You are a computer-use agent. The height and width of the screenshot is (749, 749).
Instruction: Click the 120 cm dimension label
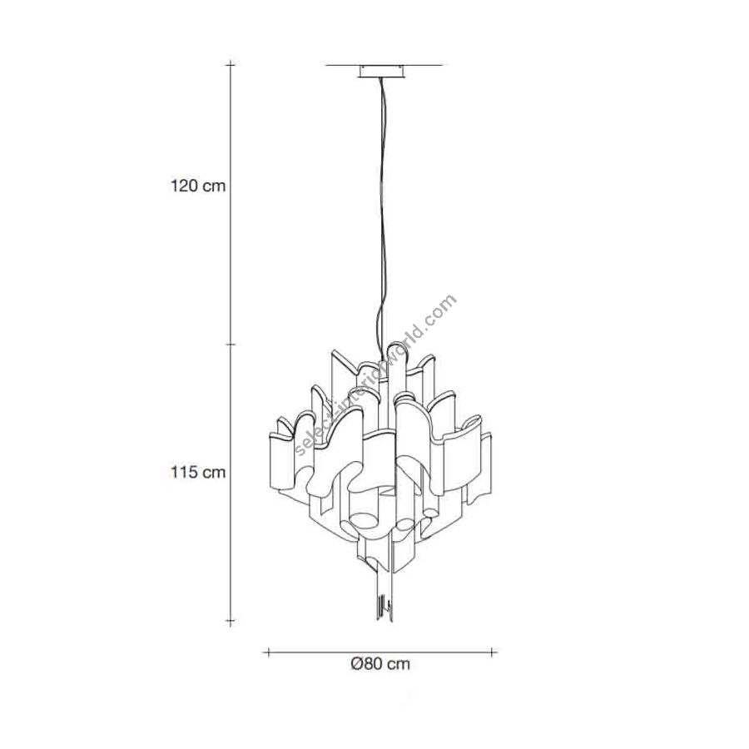click(x=198, y=186)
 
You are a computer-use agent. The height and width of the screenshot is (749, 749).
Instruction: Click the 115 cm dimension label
click(x=198, y=472)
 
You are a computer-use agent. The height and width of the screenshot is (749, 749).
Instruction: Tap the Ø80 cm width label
click(x=380, y=663)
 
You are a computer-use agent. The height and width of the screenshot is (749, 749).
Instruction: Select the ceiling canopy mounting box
click(x=383, y=72)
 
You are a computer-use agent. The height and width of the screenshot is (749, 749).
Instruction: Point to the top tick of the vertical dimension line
click(x=231, y=64)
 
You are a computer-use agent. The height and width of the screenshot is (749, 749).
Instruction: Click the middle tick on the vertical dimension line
click(x=231, y=344)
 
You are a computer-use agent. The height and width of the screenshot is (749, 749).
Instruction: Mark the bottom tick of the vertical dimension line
click(x=231, y=622)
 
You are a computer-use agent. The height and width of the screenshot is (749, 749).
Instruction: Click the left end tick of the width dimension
click(x=269, y=652)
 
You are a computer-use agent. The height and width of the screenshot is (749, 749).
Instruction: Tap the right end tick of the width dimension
click(x=492, y=652)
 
